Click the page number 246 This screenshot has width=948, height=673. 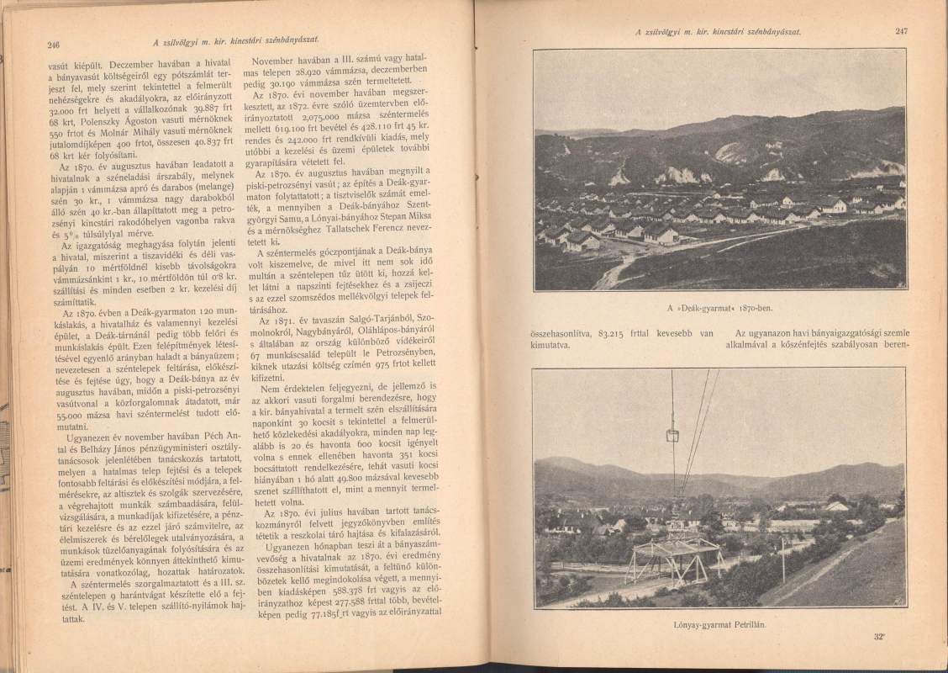[53, 45]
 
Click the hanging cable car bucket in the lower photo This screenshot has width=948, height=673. [672, 436]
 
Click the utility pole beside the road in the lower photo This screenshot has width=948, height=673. [782, 559]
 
